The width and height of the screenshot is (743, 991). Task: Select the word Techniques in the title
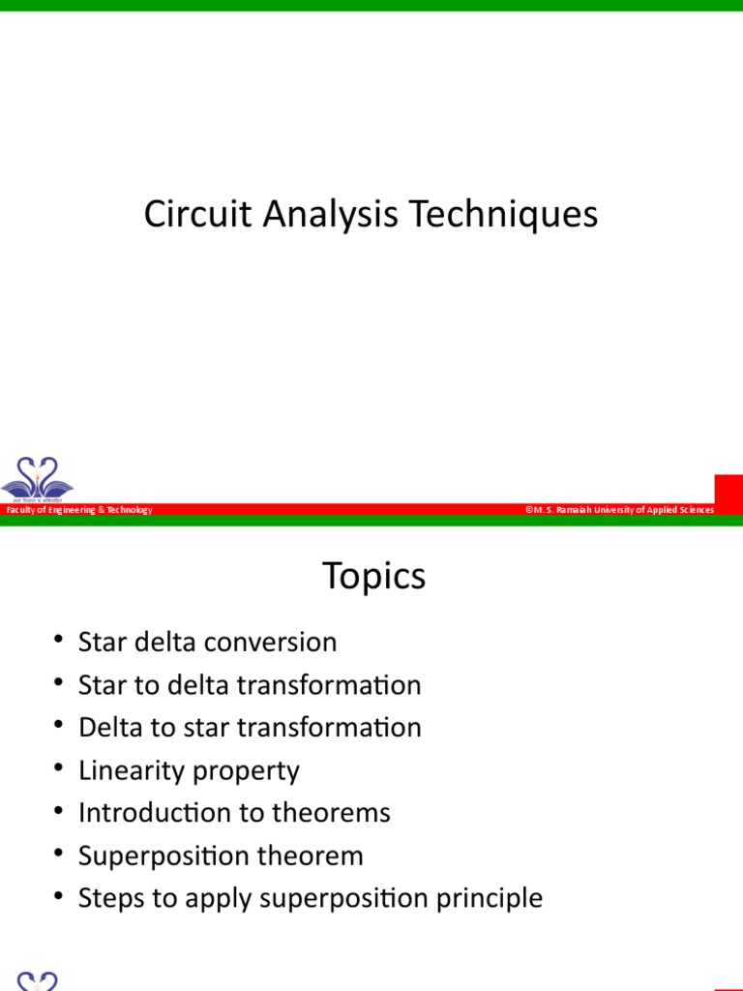tap(504, 214)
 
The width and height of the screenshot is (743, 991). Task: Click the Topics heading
tap(373, 577)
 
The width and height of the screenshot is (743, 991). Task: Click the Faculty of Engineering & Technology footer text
tap(79, 510)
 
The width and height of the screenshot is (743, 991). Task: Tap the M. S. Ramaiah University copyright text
tap(620, 510)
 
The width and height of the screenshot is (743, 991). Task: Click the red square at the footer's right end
tap(728, 489)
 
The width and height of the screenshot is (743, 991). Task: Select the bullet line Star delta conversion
tap(207, 643)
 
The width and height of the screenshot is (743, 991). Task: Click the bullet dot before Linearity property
tap(60, 769)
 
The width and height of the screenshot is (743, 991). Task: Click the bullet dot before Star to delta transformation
tap(60, 684)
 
